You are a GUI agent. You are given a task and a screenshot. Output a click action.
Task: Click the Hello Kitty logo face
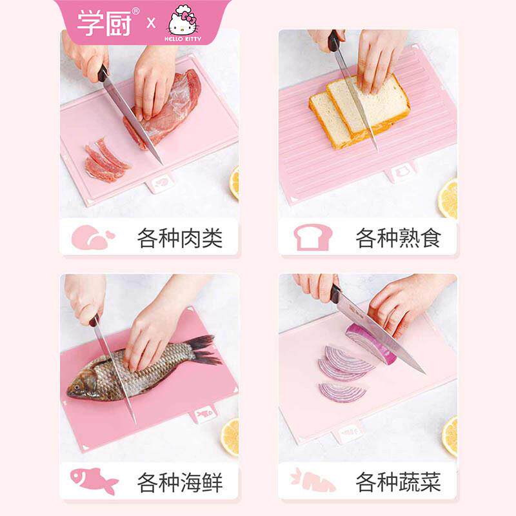(x=183, y=24)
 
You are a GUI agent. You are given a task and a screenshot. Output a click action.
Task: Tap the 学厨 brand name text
(x=104, y=23)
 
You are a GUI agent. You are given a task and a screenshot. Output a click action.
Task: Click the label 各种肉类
(x=180, y=237)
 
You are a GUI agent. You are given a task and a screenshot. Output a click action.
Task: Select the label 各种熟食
(x=398, y=237)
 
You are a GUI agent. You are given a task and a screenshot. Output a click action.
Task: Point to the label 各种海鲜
(x=180, y=482)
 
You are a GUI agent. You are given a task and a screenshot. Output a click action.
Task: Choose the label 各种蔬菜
(x=398, y=482)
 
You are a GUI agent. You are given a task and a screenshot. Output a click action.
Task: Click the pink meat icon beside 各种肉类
(x=93, y=237)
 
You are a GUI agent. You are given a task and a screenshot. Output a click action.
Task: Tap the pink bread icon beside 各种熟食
(x=313, y=237)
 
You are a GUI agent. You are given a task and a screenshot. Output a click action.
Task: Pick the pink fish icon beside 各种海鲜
(x=94, y=481)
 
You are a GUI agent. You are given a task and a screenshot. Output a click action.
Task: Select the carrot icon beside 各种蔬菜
(x=312, y=481)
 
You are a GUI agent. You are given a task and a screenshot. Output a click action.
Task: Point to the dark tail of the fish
(x=204, y=350)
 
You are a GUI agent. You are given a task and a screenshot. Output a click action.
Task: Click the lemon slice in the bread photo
(x=448, y=199)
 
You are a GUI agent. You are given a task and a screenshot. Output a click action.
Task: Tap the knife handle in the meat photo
(x=103, y=73)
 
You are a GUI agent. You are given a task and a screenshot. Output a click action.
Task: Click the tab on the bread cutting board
(x=402, y=172)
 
